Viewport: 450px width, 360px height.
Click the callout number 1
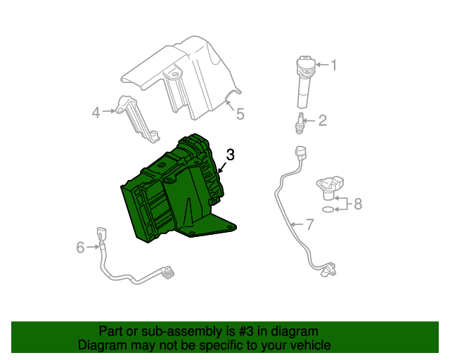334,65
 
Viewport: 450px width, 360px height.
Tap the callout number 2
322,121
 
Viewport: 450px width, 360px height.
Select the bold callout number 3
230,155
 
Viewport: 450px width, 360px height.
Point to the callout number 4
96,111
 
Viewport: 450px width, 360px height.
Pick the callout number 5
240,113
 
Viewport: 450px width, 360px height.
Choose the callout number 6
80,247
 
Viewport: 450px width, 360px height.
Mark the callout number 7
309,225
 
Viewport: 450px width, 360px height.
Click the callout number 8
357,204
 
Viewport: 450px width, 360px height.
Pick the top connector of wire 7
302,153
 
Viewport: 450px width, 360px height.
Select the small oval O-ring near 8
328,209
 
